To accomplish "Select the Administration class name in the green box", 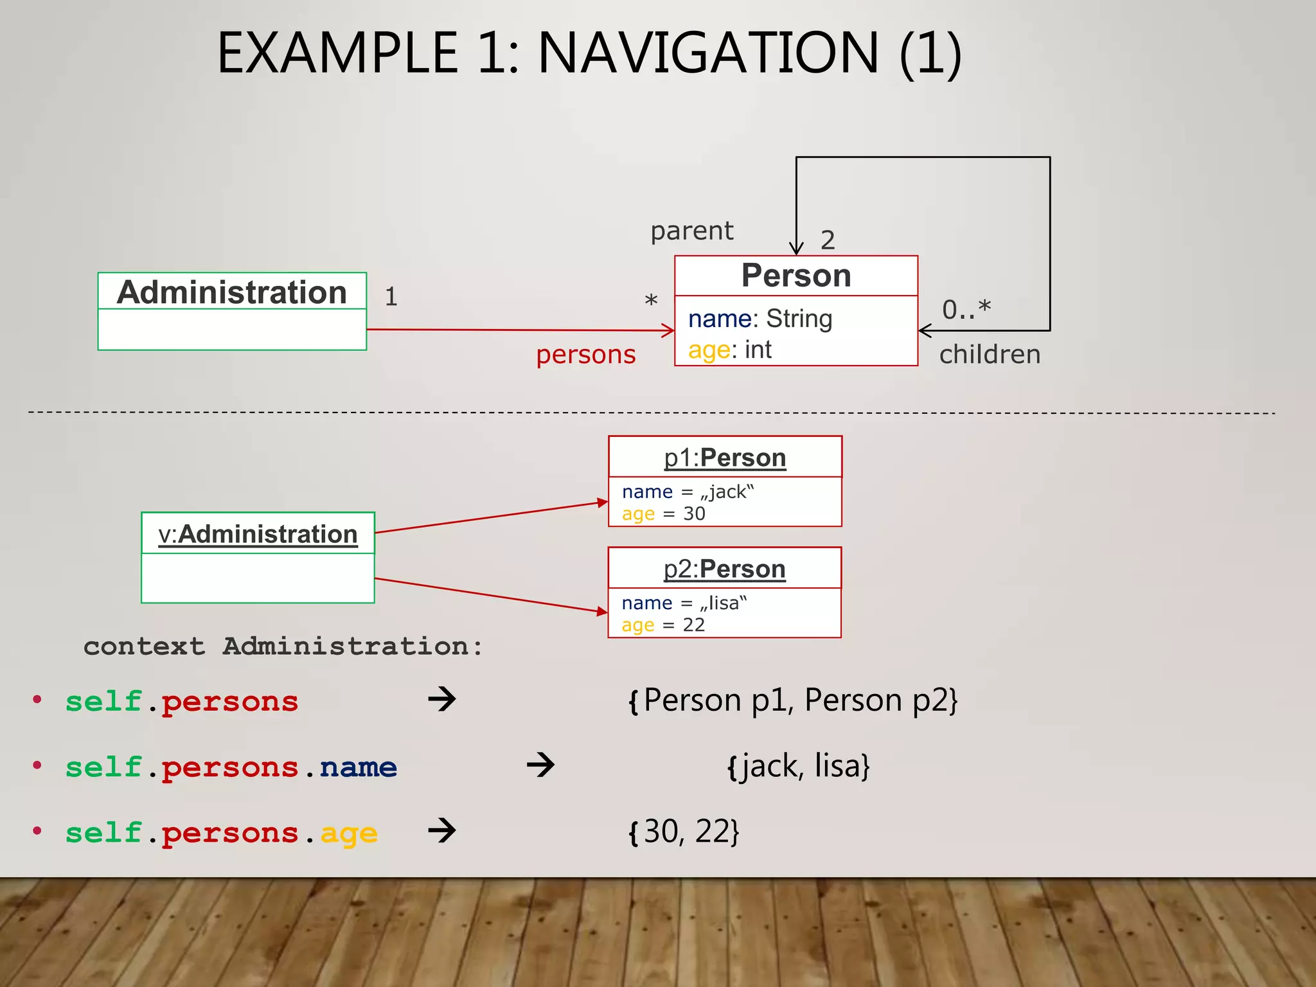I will click(232, 292).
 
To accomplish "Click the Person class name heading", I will click(796, 276).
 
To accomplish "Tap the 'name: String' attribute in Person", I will click(760, 319).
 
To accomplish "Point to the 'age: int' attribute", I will click(729, 350).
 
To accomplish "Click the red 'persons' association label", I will click(585, 355).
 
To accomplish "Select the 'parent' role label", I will click(691, 231).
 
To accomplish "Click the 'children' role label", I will click(990, 355).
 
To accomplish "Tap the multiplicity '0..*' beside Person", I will click(966, 309).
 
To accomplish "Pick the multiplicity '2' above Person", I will click(828, 240).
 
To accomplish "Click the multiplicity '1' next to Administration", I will click(391, 297).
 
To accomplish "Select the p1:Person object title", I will click(725, 458).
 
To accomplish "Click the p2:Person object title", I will click(724, 569).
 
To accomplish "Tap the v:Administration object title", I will click(258, 534).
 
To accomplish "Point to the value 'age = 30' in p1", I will click(663, 514).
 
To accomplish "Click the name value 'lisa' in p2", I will click(724, 603).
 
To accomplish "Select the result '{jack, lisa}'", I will click(798, 766).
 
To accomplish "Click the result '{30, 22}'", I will click(684, 832).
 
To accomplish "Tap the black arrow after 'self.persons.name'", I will click(540, 765).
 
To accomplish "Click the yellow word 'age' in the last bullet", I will click(348, 834).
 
